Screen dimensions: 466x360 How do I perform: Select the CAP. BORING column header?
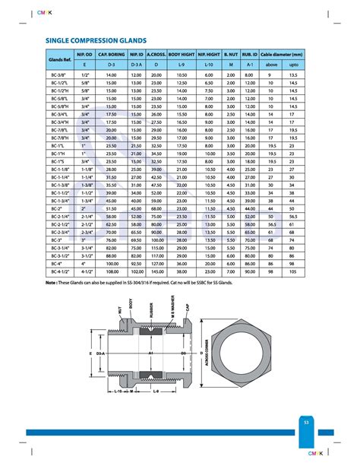112,55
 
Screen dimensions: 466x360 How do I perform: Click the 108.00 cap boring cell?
112,271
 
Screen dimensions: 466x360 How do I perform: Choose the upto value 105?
293,271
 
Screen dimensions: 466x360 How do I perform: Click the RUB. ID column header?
249,55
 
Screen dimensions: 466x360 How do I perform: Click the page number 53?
305,421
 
